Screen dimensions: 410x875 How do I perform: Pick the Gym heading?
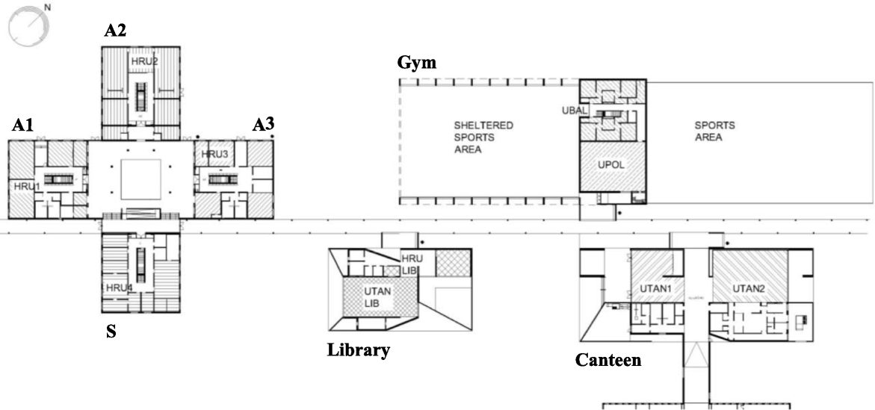pyautogui.click(x=416, y=63)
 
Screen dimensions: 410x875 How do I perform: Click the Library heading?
pyautogui.click(x=359, y=350)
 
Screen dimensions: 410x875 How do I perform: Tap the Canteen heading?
pyautogui.click(x=608, y=360)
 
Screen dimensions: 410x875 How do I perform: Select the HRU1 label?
pyautogui.click(x=25, y=185)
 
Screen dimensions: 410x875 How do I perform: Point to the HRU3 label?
pyautogui.click(x=214, y=155)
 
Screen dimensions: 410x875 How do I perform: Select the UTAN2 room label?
pyautogui.click(x=749, y=288)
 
